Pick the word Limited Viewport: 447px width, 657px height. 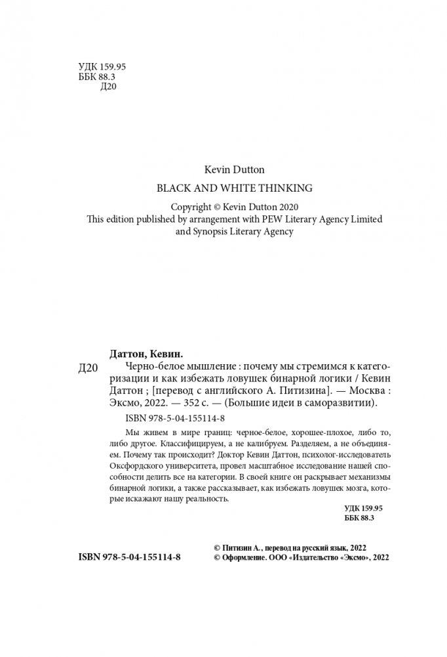[355, 219]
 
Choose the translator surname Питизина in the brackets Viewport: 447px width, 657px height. [301, 390]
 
